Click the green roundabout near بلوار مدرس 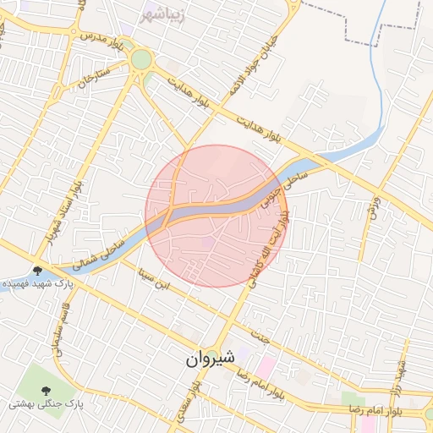pyautogui.click(x=140, y=60)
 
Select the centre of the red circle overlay pyautogui.click(x=216, y=216)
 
